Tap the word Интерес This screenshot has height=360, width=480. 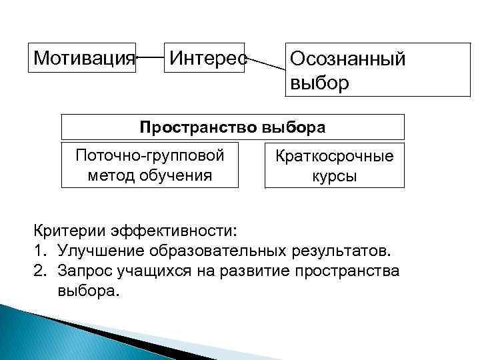207,56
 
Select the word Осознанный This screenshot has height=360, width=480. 347,59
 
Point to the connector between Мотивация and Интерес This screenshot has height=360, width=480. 150,57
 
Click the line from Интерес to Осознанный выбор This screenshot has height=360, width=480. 266,63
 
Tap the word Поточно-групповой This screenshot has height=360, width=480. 150,156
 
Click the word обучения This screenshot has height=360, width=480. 176,175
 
